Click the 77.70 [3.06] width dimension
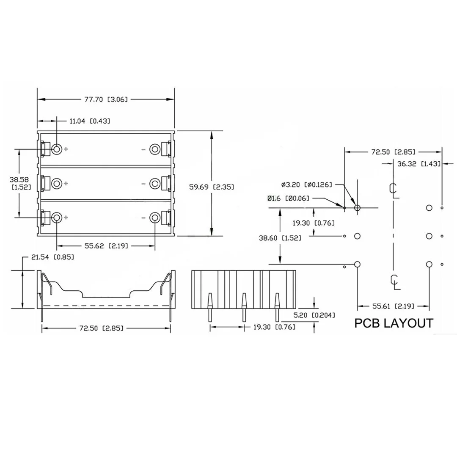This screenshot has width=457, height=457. (106, 99)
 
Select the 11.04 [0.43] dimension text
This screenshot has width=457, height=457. (90, 121)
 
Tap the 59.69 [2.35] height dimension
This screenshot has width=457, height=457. (212, 187)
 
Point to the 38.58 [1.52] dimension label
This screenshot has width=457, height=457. (19, 183)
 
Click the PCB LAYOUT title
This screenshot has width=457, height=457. (394, 323)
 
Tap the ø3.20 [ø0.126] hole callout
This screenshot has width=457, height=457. (307, 184)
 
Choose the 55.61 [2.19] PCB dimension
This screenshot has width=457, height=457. (393, 306)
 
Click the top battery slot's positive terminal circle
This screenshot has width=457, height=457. (57, 149)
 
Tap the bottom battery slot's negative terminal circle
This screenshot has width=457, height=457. (155, 217)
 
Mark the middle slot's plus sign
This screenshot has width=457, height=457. (66, 183)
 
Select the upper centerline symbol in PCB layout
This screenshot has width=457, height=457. (393, 190)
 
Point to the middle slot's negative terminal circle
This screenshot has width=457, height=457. (155, 183)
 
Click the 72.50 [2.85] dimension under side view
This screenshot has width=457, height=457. (106, 328)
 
